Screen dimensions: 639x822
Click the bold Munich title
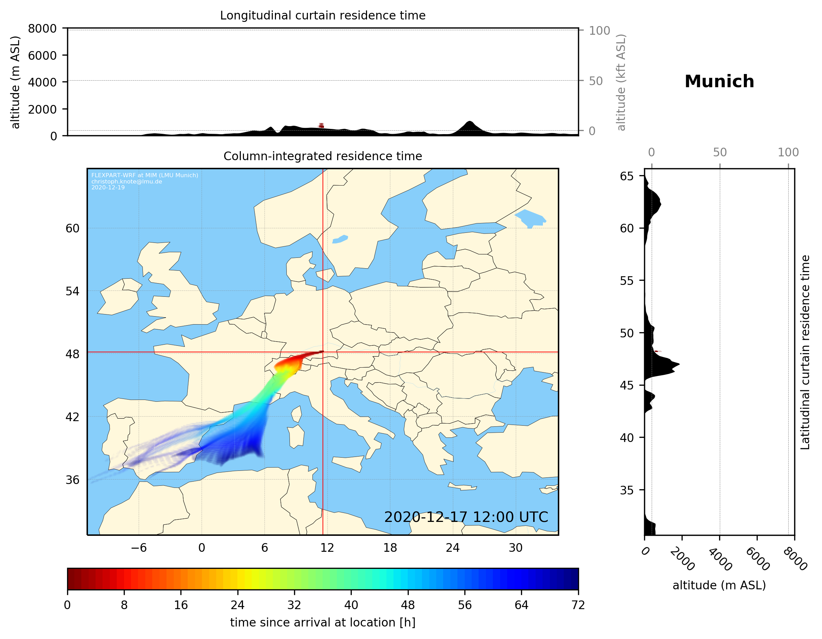(x=719, y=82)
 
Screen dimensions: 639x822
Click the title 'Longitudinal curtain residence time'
(x=323, y=15)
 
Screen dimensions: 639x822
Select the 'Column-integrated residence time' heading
(x=323, y=156)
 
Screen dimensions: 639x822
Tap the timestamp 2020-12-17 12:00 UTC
(x=466, y=517)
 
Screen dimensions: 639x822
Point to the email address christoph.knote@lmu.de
(x=127, y=181)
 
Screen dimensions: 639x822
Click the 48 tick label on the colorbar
(x=408, y=605)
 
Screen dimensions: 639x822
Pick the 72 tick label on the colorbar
(x=578, y=605)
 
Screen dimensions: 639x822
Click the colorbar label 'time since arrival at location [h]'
(x=323, y=622)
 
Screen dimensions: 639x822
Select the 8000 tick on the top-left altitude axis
(x=42, y=28)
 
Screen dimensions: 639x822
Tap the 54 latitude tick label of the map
(x=72, y=291)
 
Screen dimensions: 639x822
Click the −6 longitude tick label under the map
(x=138, y=548)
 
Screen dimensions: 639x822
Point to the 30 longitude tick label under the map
(x=515, y=548)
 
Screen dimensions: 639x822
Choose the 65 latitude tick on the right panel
(x=626, y=176)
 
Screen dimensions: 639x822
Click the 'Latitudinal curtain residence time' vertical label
(x=805, y=352)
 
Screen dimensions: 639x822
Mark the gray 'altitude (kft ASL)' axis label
(x=621, y=82)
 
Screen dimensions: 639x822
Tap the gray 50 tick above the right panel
(x=719, y=153)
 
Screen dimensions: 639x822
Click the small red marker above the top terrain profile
(x=321, y=125)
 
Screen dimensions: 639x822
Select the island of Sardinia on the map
(x=296, y=436)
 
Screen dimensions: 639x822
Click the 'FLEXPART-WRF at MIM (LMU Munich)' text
(x=145, y=175)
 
